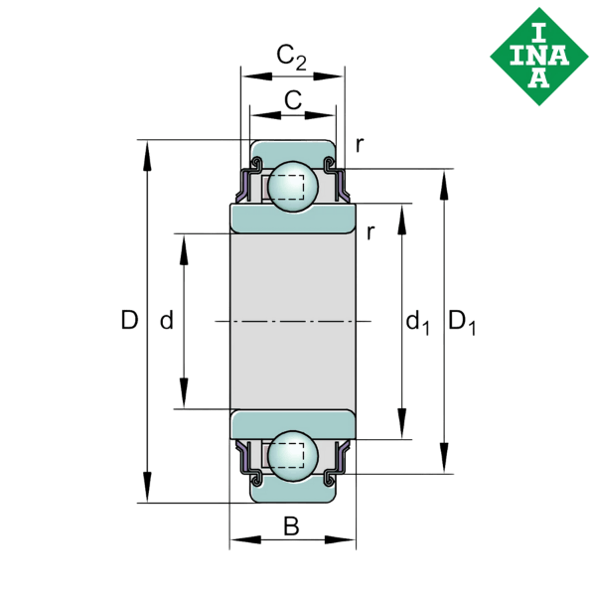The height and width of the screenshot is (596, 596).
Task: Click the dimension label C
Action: [x=292, y=99]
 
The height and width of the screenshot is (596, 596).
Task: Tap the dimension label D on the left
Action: [x=128, y=320]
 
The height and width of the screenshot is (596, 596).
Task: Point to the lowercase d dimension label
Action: [x=167, y=320]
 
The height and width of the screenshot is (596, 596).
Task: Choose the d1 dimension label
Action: [x=417, y=322]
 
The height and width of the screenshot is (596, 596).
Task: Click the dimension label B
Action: [x=291, y=526]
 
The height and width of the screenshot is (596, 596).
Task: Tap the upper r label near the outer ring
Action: [x=359, y=145]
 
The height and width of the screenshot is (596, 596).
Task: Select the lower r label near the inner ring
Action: [x=370, y=233]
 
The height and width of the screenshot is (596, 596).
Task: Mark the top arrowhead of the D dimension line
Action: [x=148, y=150]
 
